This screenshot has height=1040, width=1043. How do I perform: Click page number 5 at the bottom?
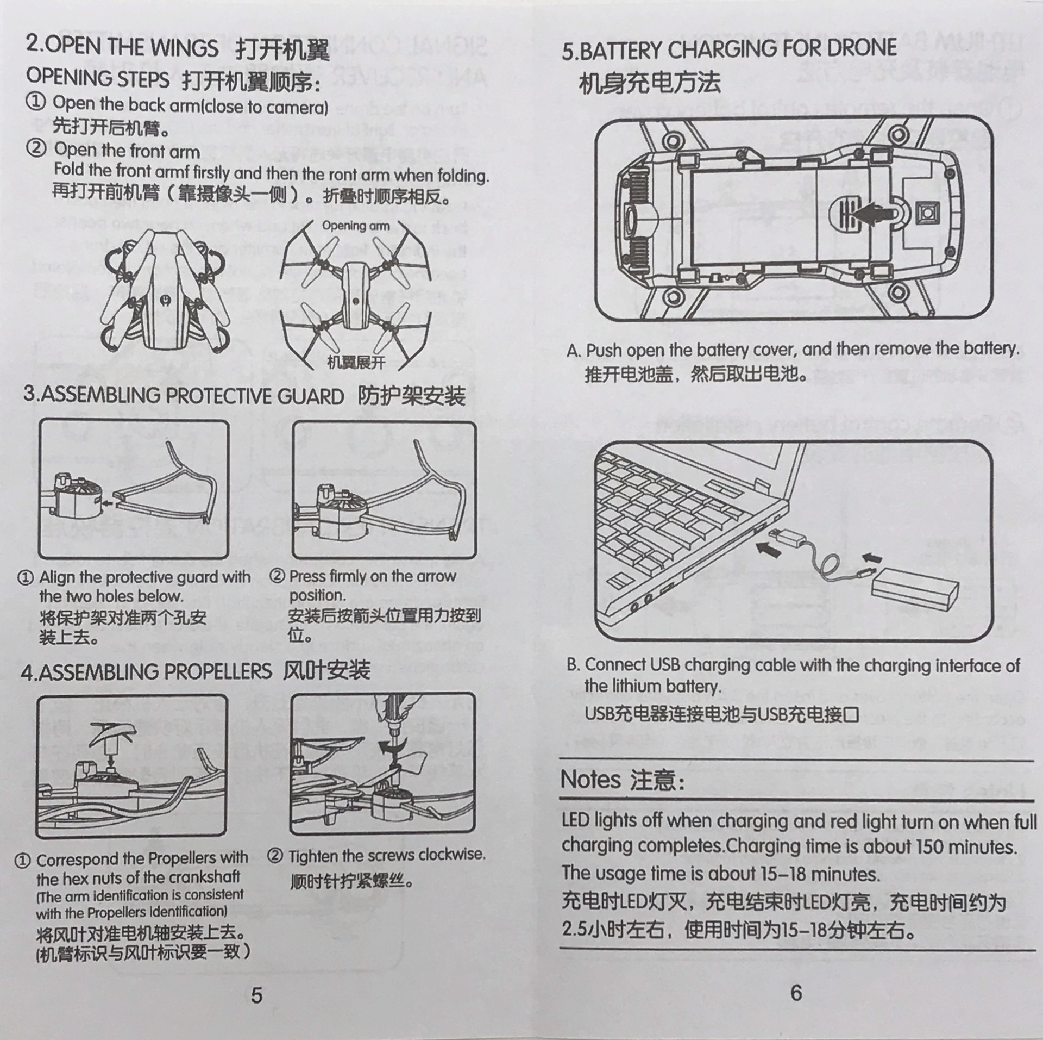(x=256, y=995)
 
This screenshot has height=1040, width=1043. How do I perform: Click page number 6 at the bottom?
(x=796, y=993)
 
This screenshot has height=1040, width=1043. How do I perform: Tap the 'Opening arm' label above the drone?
(x=355, y=226)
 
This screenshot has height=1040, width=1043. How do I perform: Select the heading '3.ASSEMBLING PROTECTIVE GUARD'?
(x=183, y=395)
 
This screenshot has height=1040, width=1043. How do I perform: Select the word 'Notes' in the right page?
(x=590, y=780)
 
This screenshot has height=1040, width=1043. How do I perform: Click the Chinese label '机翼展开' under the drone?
(x=356, y=363)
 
